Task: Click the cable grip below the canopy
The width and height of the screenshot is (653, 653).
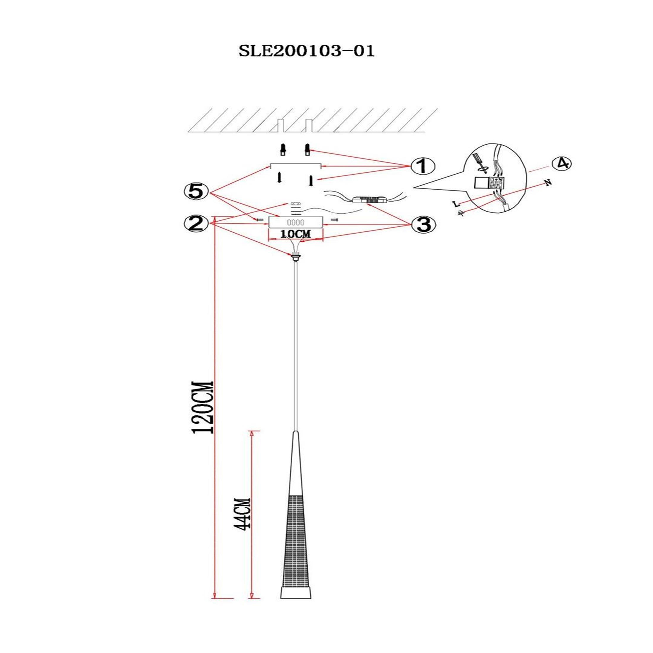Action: click(296, 257)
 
